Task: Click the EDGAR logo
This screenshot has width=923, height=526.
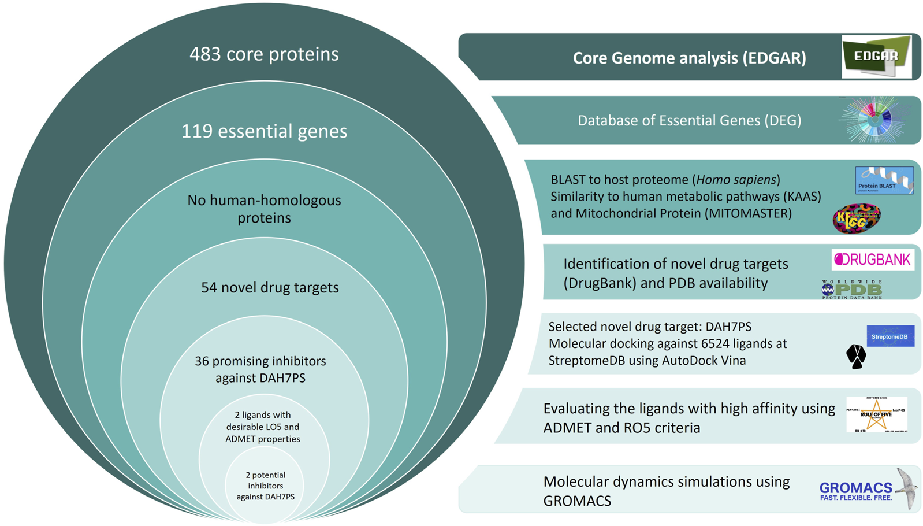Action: pos(876,57)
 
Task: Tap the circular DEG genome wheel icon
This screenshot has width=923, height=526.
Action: pos(874,120)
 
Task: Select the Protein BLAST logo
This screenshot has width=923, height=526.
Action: pos(884,180)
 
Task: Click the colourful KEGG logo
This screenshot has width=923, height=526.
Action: pos(857,218)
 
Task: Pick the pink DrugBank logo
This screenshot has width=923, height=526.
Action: pos(872,260)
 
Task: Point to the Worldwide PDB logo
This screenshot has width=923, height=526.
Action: pos(852,289)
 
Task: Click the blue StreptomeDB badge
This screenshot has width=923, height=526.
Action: pos(890,336)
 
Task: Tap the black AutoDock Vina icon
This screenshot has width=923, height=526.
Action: pos(856,356)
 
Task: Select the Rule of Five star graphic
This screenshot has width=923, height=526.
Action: pos(876,414)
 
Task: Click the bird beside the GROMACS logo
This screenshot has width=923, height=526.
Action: pos(907,487)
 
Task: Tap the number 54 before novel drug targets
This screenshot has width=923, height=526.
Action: pos(209,287)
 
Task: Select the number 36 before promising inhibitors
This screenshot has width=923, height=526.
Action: pos(202,361)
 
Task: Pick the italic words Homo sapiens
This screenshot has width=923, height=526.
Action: pos(736,180)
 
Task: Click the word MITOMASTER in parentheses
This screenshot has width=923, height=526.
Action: pos(748,213)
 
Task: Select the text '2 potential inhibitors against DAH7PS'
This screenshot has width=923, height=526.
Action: pos(265,486)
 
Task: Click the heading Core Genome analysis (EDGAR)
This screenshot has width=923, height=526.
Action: pos(689,58)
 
